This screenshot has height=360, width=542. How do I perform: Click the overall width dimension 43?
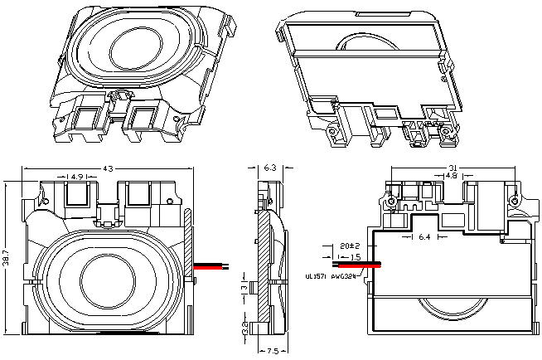point(107,169)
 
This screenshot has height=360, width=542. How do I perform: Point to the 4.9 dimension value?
point(76,177)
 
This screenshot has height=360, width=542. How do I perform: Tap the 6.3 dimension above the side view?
point(269,168)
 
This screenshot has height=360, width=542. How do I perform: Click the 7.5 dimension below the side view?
point(270,350)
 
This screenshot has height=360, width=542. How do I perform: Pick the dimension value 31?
point(452,168)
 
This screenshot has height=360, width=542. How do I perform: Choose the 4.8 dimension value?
point(452,176)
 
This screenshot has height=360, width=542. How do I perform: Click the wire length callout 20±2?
point(349,247)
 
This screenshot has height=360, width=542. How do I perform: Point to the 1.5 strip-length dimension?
point(356,257)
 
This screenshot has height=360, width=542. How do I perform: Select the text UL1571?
point(317,276)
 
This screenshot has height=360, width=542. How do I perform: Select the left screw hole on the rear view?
point(391,202)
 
